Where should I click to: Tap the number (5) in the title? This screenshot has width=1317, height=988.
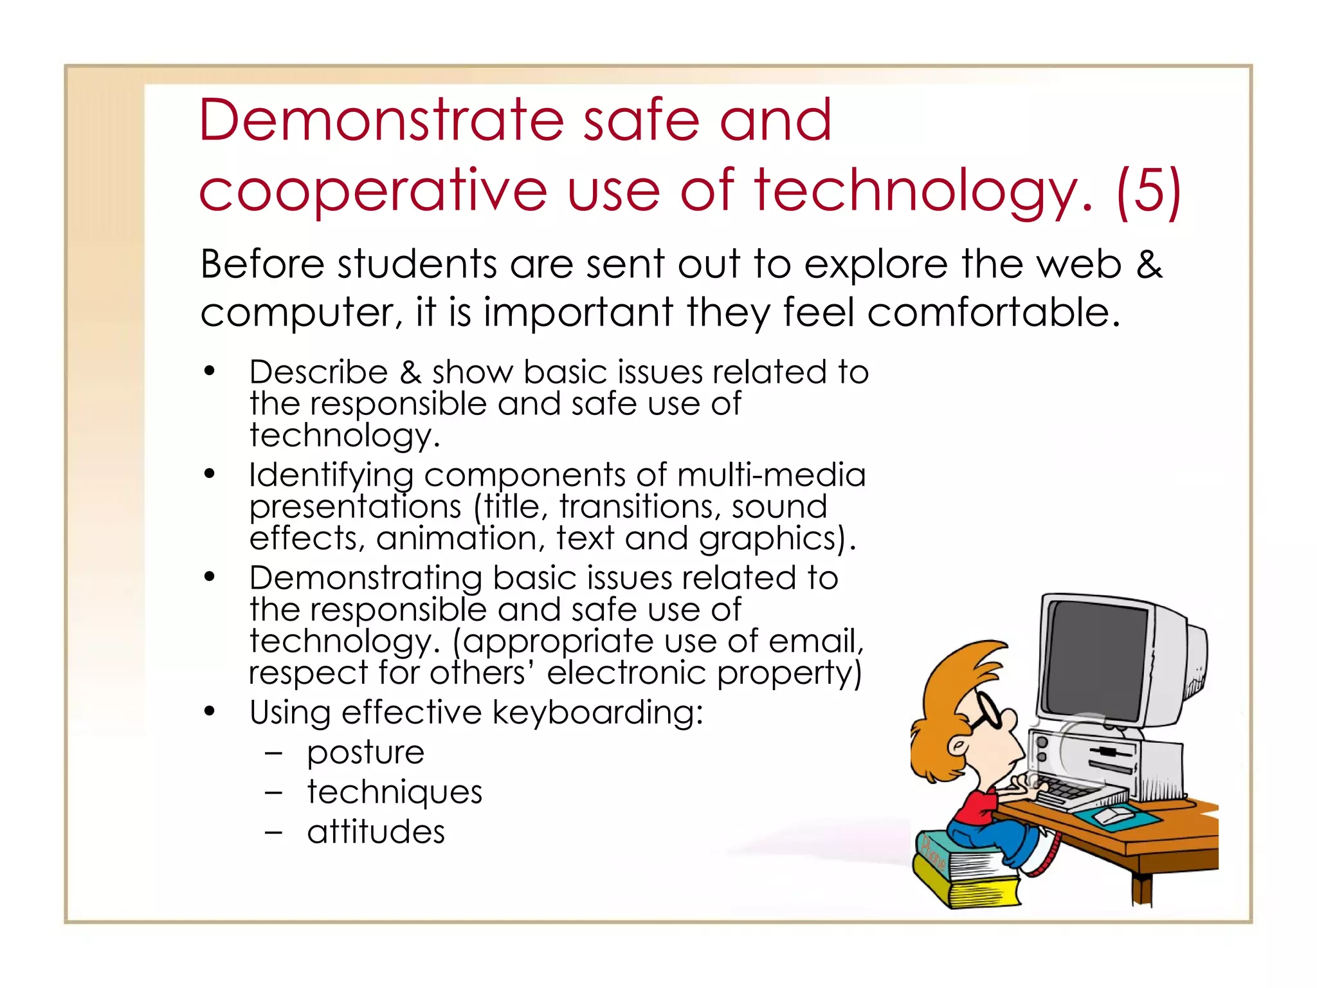tap(1149, 191)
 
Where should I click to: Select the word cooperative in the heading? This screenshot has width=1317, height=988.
tap(373, 191)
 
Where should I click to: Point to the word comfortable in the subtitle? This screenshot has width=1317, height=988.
tap(994, 312)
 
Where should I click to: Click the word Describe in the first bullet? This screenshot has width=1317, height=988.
tap(318, 372)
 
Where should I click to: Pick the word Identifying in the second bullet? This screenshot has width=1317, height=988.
tap(331, 476)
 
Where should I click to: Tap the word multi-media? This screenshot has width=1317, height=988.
tap(771, 475)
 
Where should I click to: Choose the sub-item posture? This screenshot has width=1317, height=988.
tap(365, 753)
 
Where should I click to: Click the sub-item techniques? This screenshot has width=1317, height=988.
tap(394, 792)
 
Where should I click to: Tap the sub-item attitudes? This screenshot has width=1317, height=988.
tap(376, 832)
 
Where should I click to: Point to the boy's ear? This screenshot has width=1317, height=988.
tap(959, 746)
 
